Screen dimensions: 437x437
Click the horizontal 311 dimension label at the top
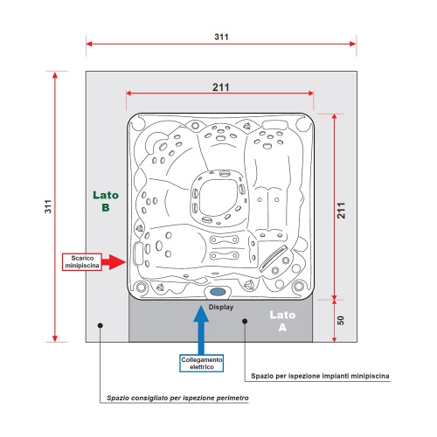(221, 37)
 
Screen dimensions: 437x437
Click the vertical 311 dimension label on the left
(48, 206)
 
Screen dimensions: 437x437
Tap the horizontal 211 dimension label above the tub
(220, 87)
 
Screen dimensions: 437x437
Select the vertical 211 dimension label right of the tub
(341, 211)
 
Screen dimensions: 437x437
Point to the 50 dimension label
(341, 321)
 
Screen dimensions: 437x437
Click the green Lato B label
(106, 201)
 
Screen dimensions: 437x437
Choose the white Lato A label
(282, 321)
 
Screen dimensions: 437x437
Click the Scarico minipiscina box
(82, 262)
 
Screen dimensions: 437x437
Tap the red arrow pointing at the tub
(114, 262)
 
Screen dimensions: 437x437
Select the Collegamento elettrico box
(202, 364)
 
